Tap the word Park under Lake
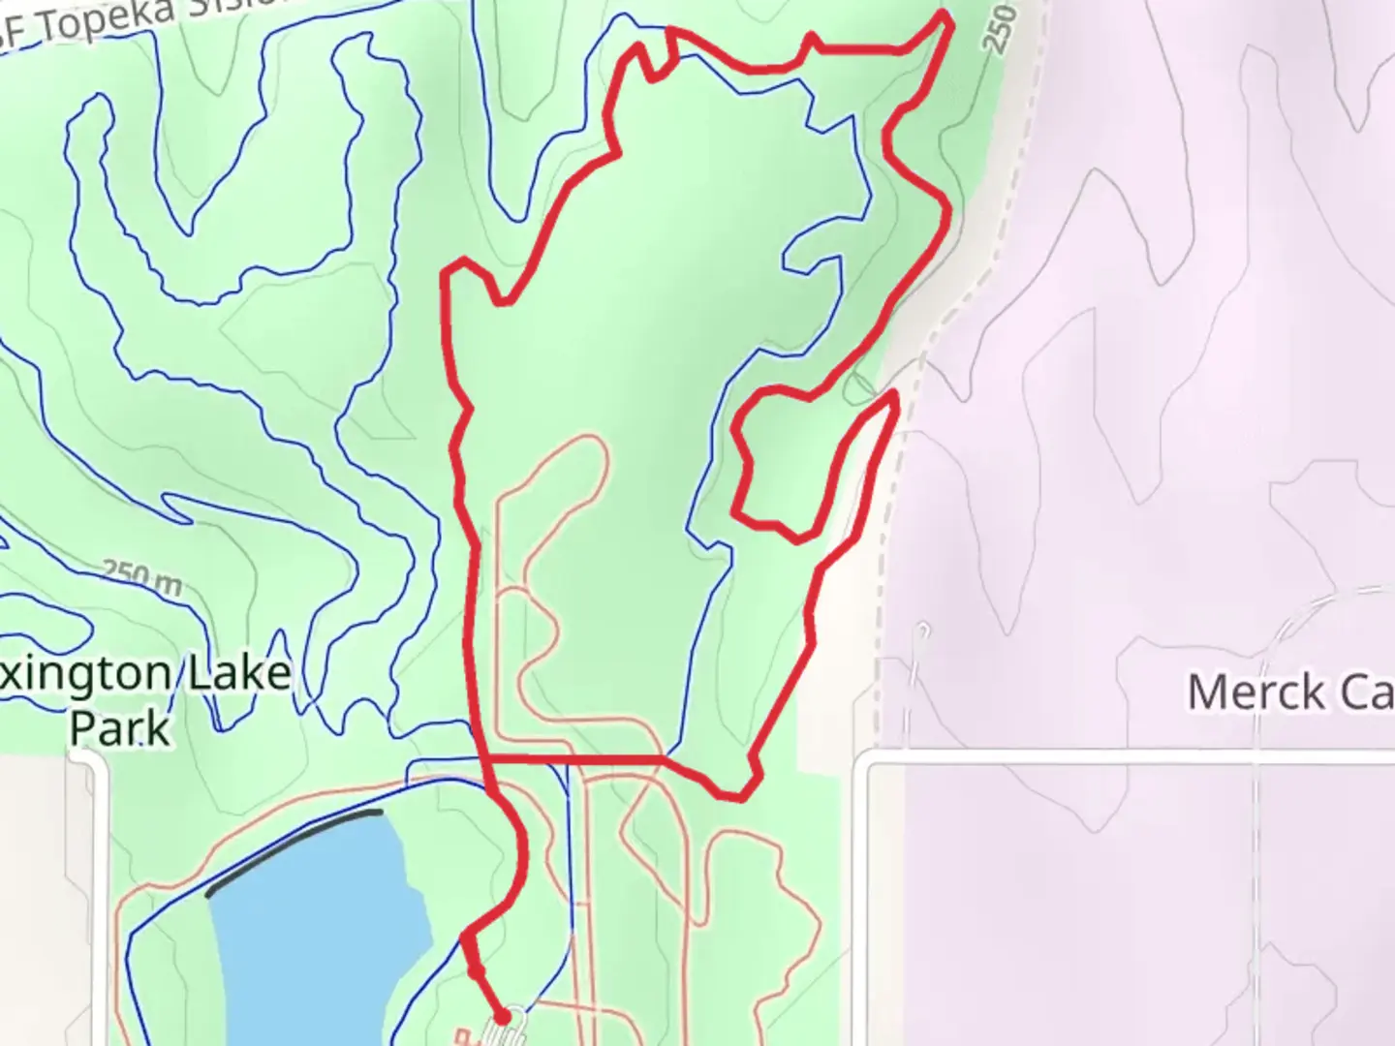point(119,728)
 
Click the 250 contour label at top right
point(1001,29)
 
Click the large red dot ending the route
point(502,1016)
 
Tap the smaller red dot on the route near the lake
point(475,969)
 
